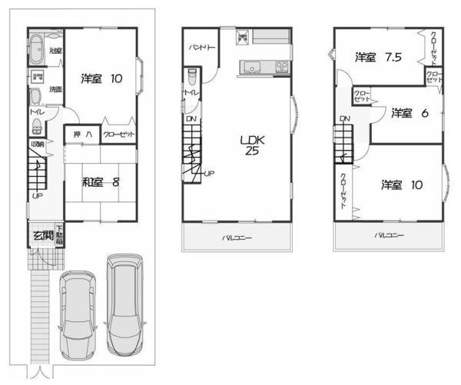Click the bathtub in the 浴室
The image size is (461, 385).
pos(37,48)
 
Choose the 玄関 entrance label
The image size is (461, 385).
pos(41,234)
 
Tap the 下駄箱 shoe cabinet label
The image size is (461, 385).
pos(58,234)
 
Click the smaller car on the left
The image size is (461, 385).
pos(77,315)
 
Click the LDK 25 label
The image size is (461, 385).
pos(250,145)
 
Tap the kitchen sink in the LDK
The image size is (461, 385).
pos(253,68)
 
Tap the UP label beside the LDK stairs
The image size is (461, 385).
pos(208,174)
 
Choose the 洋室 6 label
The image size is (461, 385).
pos(404,113)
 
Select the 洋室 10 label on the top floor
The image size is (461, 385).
pos(400,184)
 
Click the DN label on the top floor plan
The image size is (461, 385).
pos(344,118)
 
